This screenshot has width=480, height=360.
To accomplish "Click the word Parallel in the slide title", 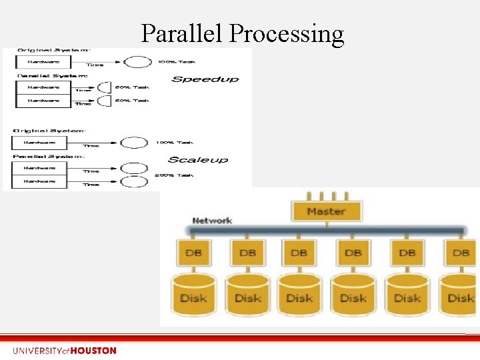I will [x=182, y=33].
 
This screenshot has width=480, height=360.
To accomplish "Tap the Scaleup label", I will [x=197, y=159].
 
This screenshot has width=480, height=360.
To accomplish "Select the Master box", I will [x=326, y=211].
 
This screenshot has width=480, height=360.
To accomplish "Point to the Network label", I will [x=212, y=221].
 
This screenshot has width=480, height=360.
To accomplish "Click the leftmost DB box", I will [x=193, y=253].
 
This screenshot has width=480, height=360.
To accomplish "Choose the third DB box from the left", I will [x=299, y=253].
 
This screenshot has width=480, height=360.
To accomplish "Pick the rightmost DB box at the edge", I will [x=461, y=253].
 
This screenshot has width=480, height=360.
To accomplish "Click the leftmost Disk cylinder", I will [x=193, y=297].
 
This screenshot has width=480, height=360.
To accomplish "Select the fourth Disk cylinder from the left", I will [x=353, y=297].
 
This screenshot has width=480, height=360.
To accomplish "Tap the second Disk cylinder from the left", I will [x=247, y=297].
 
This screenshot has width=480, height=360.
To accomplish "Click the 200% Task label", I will [x=175, y=175].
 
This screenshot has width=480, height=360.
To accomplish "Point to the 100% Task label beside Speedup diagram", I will [x=176, y=62].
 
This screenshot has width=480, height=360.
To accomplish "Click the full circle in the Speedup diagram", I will [x=137, y=62].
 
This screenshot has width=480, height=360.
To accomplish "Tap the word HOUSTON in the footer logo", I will [x=93, y=351].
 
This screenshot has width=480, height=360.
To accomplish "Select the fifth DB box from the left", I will [x=407, y=253].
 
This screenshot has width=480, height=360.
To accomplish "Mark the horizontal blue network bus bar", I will [x=327, y=231].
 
